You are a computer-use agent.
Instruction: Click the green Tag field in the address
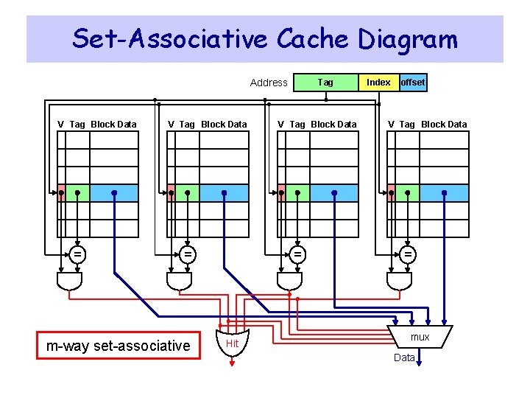pyautogui.click(x=325, y=83)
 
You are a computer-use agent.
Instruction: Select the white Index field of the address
pyautogui.click(x=378, y=83)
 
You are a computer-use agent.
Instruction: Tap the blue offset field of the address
pyautogui.click(x=412, y=83)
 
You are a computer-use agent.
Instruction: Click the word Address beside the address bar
pyautogui.click(x=269, y=83)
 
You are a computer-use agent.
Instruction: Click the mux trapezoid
pyautogui.click(x=420, y=336)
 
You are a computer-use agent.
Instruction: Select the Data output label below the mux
pyautogui.click(x=404, y=357)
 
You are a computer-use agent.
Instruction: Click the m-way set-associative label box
pyautogui.click(x=119, y=346)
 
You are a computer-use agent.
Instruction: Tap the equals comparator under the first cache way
pyautogui.click(x=77, y=254)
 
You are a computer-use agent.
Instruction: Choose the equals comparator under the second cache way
pyautogui.click(x=188, y=254)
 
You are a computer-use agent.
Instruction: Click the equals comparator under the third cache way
pyautogui.click(x=297, y=254)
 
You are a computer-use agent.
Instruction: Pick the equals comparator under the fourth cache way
pyautogui.click(x=407, y=254)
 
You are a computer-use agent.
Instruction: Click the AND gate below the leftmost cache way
pyautogui.click(x=69, y=281)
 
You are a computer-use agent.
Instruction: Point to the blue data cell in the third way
pyautogui.click(x=334, y=193)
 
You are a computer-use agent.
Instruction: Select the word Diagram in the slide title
pyautogui.click(x=408, y=38)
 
